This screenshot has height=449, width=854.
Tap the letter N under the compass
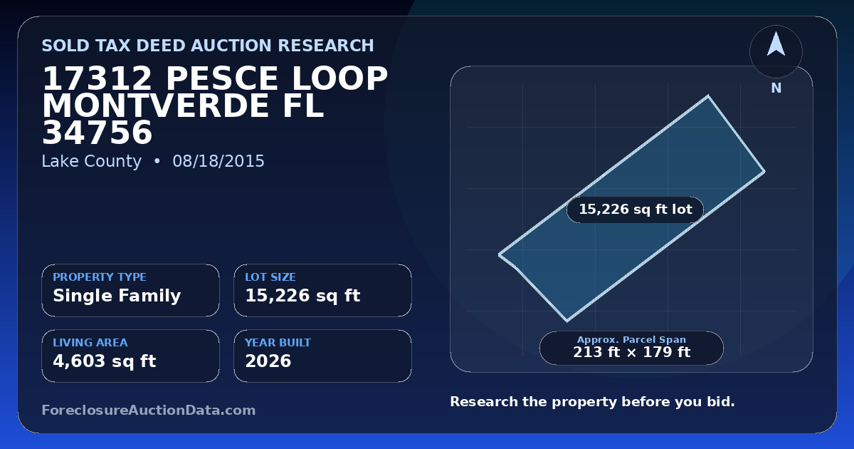point(776,88)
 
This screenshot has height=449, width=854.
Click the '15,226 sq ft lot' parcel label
point(635,210)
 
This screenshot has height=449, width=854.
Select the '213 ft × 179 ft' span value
point(631,352)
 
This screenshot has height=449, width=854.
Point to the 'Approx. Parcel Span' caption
point(631,339)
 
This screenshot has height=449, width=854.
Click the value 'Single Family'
point(117,296)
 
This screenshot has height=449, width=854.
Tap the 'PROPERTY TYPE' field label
point(100,277)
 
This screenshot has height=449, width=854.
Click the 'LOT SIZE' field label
point(270,277)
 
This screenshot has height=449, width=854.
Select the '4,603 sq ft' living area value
point(105,361)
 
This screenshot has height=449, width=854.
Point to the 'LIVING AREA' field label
point(90,343)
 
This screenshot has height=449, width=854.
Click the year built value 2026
point(268,361)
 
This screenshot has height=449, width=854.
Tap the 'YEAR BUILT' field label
point(278,343)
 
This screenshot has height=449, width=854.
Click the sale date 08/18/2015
point(218,161)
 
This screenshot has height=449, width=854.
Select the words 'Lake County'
point(92,161)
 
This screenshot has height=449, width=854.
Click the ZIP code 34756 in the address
point(97,133)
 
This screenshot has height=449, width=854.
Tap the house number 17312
point(97,78)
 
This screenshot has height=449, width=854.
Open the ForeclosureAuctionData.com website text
point(149,410)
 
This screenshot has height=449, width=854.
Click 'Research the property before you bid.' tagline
point(592,402)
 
